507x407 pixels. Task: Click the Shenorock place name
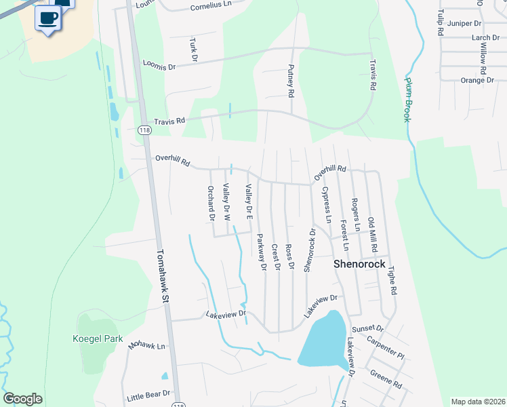tap(359, 264)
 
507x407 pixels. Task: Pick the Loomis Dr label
tap(159, 66)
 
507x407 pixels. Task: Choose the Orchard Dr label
tap(211, 203)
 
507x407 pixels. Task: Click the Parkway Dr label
tap(261, 252)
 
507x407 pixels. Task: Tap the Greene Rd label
tap(386, 379)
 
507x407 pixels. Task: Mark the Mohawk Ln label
tap(147, 346)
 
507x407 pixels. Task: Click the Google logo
tap(22, 399)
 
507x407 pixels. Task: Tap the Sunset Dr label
tap(371, 329)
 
